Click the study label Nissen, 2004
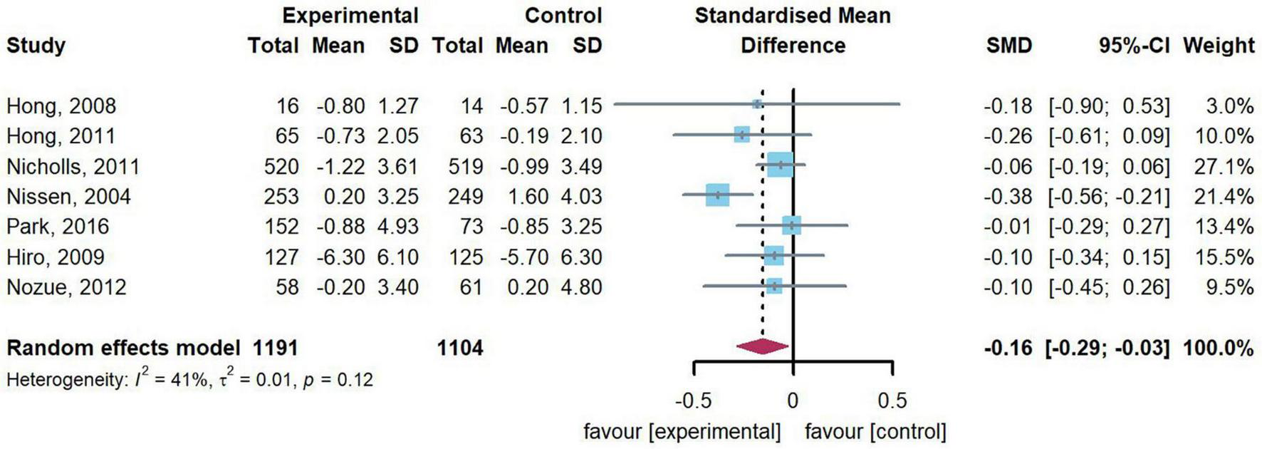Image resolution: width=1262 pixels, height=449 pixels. point(68,197)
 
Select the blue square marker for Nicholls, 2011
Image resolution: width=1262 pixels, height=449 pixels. point(780,165)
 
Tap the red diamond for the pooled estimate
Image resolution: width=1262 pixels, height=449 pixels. point(762,347)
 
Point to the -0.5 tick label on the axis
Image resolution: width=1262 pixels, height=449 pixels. point(692,401)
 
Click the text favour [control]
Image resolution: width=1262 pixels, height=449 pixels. point(875,431)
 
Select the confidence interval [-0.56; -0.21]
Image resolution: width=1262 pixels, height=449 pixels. point(1109,197)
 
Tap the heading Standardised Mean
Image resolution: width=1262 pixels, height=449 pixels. point(792,16)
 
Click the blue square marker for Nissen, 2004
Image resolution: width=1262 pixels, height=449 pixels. point(717,195)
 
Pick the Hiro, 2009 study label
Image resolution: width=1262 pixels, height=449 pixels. point(56,257)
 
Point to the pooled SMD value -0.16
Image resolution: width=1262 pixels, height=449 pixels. point(1008,348)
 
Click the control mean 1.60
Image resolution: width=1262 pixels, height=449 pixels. point(524,197)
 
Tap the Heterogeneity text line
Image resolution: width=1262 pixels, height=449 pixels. point(189,379)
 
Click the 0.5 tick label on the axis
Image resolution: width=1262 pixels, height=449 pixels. point(892,401)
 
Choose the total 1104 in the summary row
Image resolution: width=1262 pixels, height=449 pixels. point(459,348)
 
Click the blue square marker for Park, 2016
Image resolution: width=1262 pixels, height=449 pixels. point(791,225)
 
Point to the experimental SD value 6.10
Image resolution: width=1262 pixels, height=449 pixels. point(398,257)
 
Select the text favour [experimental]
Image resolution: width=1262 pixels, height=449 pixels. point(682,431)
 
